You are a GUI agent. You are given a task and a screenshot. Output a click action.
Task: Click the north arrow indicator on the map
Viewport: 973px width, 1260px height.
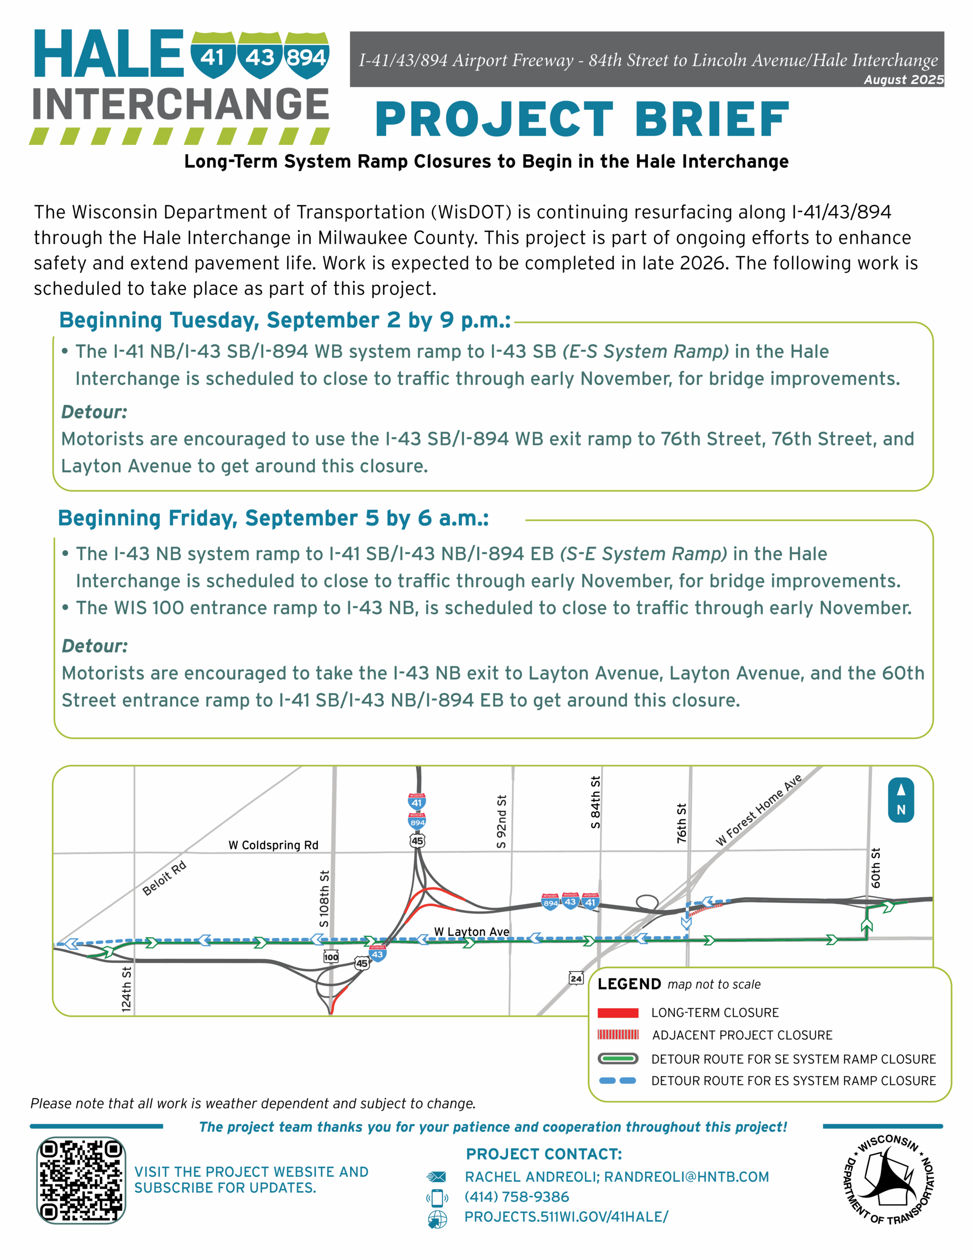click(900, 800)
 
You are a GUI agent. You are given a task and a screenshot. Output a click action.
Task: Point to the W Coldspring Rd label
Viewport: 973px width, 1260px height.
click(274, 845)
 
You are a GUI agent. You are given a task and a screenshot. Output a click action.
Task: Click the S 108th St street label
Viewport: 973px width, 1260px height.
click(325, 898)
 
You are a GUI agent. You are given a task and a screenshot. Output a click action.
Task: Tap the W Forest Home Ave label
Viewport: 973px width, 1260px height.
click(759, 810)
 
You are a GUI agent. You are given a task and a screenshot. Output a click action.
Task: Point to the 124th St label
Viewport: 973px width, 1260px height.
click(126, 989)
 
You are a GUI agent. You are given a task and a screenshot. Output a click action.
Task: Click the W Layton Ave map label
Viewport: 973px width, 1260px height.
click(471, 932)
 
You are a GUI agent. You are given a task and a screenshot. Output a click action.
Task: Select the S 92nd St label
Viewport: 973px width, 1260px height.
click(502, 821)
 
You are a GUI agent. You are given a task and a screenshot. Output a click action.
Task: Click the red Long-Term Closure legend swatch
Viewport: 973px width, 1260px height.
click(618, 1012)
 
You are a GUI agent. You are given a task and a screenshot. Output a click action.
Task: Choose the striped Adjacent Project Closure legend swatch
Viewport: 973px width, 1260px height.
click(618, 1035)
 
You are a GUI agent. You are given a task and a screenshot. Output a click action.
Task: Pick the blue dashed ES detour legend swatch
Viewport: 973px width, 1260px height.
click(618, 1080)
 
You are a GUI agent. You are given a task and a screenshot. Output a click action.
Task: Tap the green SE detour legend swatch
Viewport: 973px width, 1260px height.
click(618, 1059)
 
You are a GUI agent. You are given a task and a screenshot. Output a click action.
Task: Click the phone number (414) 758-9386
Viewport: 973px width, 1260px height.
click(517, 1197)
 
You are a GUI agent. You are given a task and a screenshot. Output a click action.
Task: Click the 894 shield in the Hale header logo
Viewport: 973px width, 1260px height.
click(306, 57)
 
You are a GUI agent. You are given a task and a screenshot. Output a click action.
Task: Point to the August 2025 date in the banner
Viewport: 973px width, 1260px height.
click(903, 80)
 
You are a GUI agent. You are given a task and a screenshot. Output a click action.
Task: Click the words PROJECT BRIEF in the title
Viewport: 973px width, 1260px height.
click(582, 120)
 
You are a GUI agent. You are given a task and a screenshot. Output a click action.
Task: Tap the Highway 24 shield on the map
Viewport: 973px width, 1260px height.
click(576, 978)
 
